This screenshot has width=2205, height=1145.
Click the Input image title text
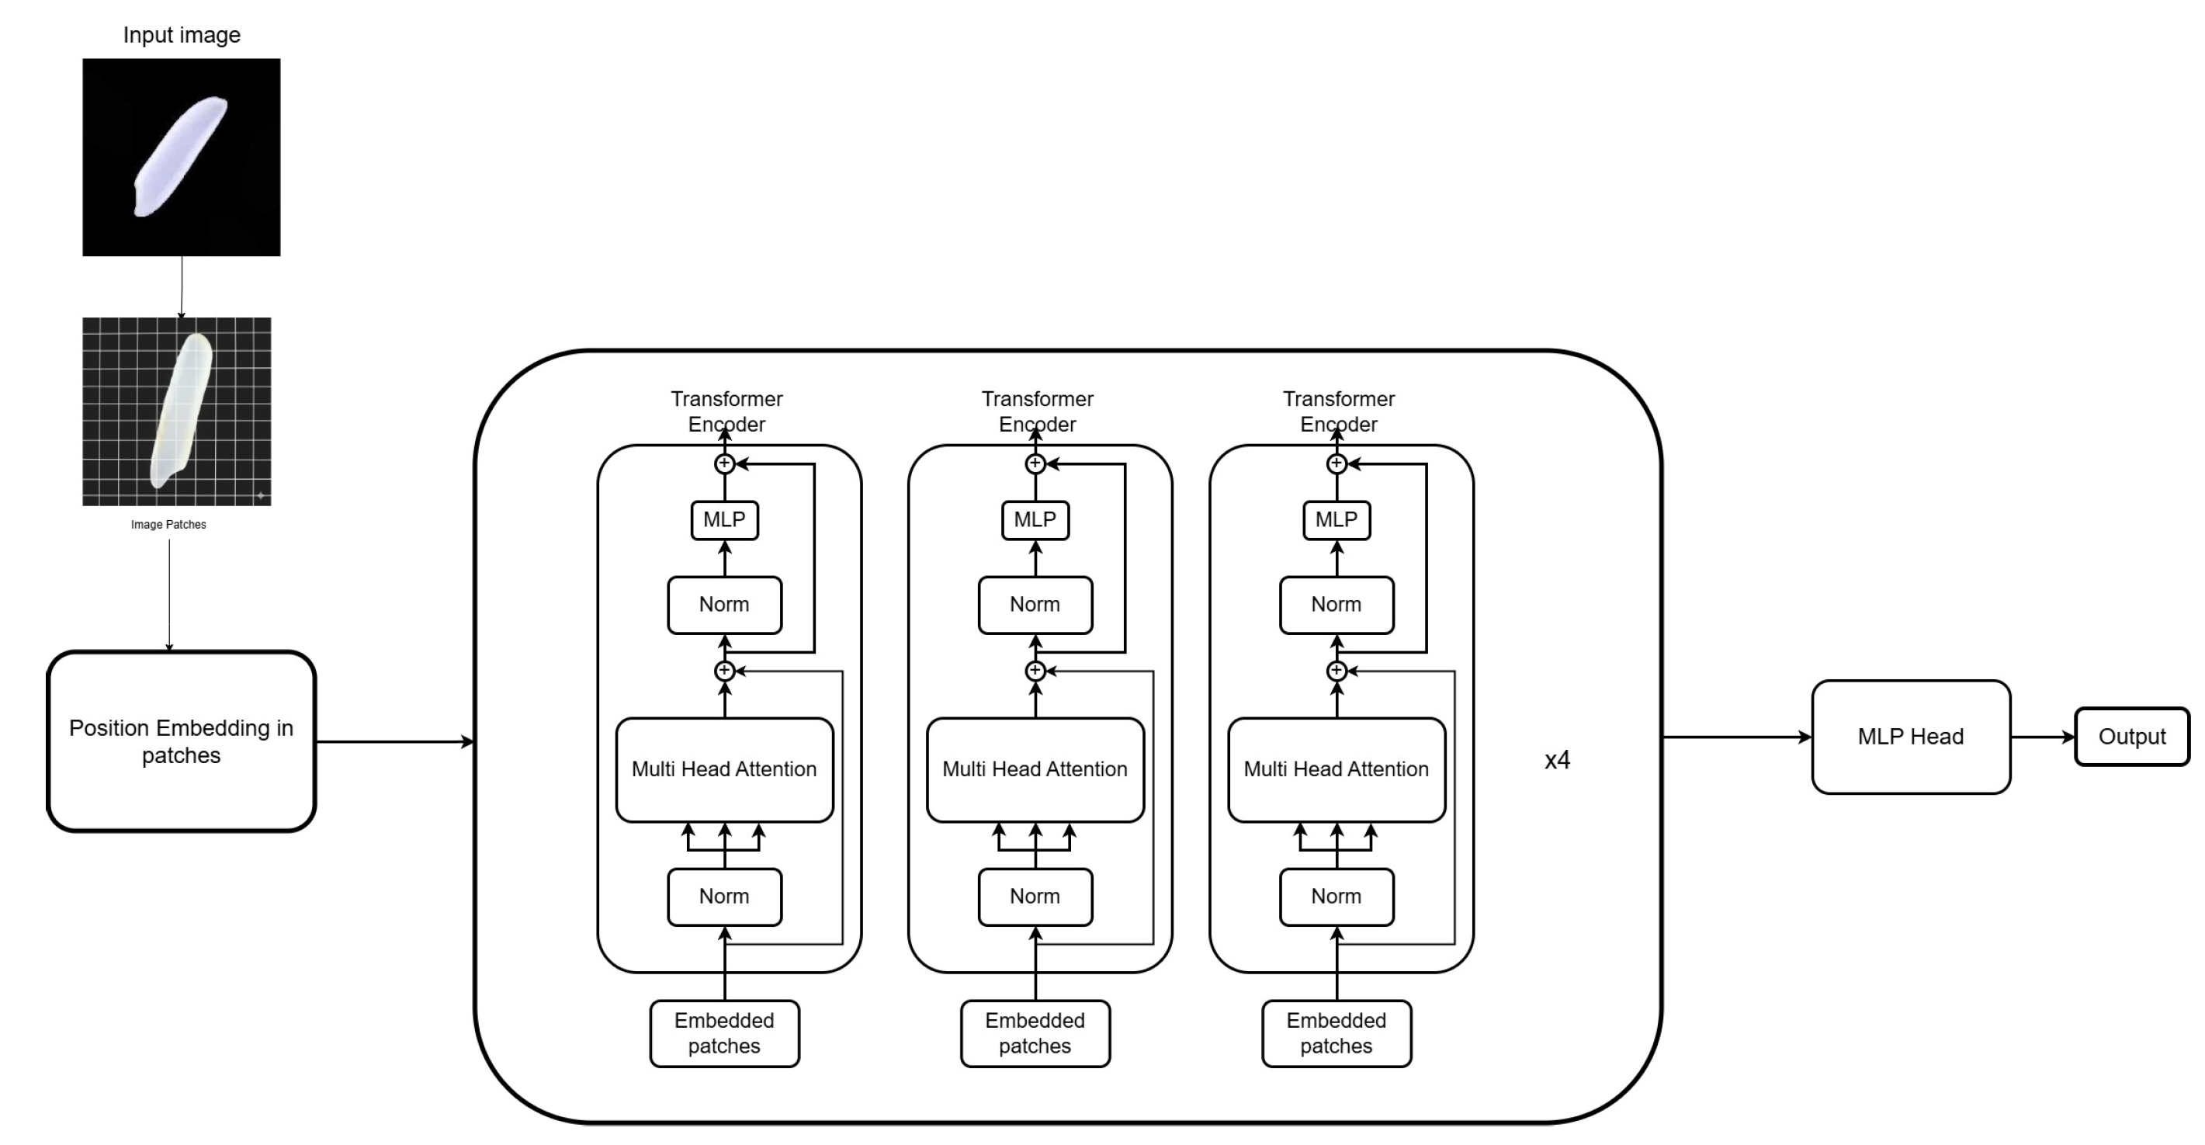[x=182, y=35]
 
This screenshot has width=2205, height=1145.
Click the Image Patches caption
[x=168, y=524]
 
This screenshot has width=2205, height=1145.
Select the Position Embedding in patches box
[x=182, y=741]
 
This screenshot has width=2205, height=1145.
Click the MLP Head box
[x=1911, y=737]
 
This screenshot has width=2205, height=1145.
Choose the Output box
[x=2131, y=737]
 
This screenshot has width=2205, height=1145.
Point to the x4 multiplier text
[x=1557, y=760]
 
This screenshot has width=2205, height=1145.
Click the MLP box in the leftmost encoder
[x=724, y=520]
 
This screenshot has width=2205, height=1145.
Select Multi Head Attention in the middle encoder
[x=1035, y=769]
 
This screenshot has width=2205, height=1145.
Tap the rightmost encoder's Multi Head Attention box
[x=1337, y=769]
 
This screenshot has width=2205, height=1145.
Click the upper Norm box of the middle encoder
[x=1035, y=605]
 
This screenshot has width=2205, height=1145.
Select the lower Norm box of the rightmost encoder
[x=1337, y=897]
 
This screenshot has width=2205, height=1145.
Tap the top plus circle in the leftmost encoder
[x=724, y=463]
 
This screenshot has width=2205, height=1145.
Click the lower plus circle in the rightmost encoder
[x=1337, y=671]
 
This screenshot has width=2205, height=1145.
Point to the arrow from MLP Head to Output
[x=2041, y=737]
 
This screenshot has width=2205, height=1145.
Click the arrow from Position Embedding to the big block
[x=394, y=741]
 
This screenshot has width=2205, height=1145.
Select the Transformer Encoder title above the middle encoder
[x=1037, y=411]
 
